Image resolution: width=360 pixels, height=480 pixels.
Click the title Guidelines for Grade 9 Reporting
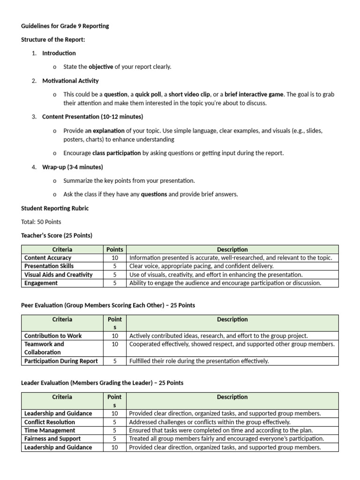click(65, 26)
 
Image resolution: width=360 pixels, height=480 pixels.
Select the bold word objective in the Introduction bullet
click(101, 67)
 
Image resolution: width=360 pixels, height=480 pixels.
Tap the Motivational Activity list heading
click(70, 81)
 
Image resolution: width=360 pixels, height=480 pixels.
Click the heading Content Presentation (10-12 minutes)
click(92, 116)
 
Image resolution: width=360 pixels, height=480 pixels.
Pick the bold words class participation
click(116, 153)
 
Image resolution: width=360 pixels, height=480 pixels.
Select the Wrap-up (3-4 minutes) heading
click(72, 167)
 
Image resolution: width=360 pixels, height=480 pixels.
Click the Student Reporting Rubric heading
click(55, 208)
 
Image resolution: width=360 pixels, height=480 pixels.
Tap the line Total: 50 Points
click(41, 222)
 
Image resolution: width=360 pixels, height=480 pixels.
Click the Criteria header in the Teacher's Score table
click(62, 249)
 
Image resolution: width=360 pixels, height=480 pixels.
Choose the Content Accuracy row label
click(48, 258)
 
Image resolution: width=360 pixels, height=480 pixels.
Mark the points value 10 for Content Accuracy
click(115, 258)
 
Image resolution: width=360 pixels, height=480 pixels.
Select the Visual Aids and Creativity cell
click(58, 275)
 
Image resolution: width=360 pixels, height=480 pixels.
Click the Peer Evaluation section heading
click(108, 305)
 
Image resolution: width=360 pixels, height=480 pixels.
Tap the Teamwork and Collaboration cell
click(44, 348)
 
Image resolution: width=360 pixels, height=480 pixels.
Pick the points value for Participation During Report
click(115, 361)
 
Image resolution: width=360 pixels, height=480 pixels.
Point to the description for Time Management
click(221, 430)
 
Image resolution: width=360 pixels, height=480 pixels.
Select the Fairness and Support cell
click(52, 439)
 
